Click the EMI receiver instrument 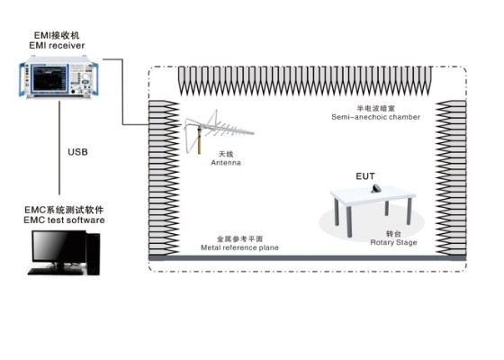pyautogui.click(x=58, y=76)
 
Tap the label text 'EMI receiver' pyautogui.click(x=57, y=46)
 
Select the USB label pyautogui.click(x=77, y=152)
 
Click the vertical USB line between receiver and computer pyautogui.click(x=59, y=148)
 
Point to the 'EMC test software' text pyautogui.click(x=64, y=220)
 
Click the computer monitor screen pyautogui.click(x=58, y=247)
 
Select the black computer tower pyautogui.click(x=94, y=253)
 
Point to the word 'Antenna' pyautogui.click(x=226, y=163)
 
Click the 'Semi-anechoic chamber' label pyautogui.click(x=376, y=117)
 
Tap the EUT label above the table pyautogui.click(x=365, y=176)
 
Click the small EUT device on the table pyautogui.click(x=376, y=188)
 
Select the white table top pyautogui.click(x=373, y=194)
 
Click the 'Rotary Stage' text pyautogui.click(x=394, y=242)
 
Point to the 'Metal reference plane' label pyautogui.click(x=239, y=247)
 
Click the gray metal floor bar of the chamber pyautogui.click(x=307, y=257)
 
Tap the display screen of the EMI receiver pyautogui.click(x=50, y=77)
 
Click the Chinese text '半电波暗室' pyautogui.click(x=376, y=109)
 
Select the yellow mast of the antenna pyautogui.click(x=199, y=140)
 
